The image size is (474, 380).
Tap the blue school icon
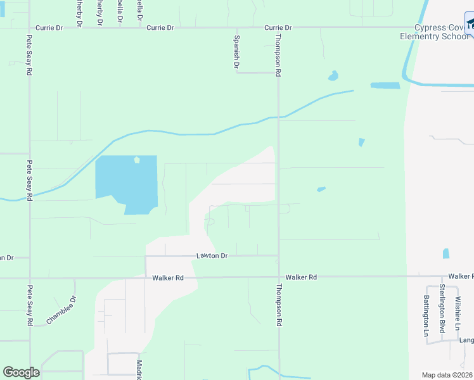click(x=470, y=25)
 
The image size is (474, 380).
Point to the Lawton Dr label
click(x=212, y=256)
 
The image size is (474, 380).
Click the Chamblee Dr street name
click(x=61, y=310)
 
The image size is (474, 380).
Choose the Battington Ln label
click(x=426, y=315)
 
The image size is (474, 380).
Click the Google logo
click(x=21, y=372)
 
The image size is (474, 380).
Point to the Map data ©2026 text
click(x=446, y=375)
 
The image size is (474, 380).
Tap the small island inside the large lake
click(x=136, y=160)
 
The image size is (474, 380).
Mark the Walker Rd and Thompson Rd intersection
click(x=279, y=277)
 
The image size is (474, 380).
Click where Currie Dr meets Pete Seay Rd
click(x=29, y=28)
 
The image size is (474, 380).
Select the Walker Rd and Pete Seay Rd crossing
click(x=29, y=277)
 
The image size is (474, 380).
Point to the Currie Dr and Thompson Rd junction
click(x=278, y=28)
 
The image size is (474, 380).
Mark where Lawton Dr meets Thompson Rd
click(x=278, y=256)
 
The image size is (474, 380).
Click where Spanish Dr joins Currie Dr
click(x=237, y=28)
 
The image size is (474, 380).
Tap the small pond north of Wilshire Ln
click(x=446, y=253)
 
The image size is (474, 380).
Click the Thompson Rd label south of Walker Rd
click(x=278, y=304)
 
